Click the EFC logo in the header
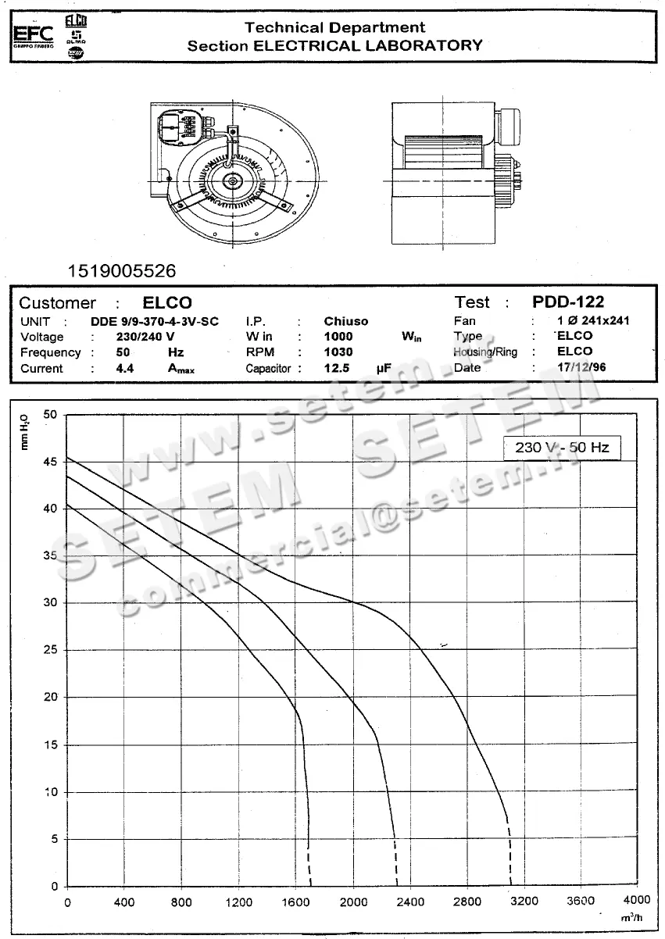[33, 34]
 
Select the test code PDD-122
[567, 302]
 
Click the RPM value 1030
[338, 352]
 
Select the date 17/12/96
[581, 367]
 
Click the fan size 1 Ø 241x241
[593, 320]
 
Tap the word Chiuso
[345, 321]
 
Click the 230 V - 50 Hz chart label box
[562, 448]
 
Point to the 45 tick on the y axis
[50, 462]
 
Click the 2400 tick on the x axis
[410, 902]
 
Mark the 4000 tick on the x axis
[637, 902]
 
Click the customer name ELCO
[167, 303]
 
